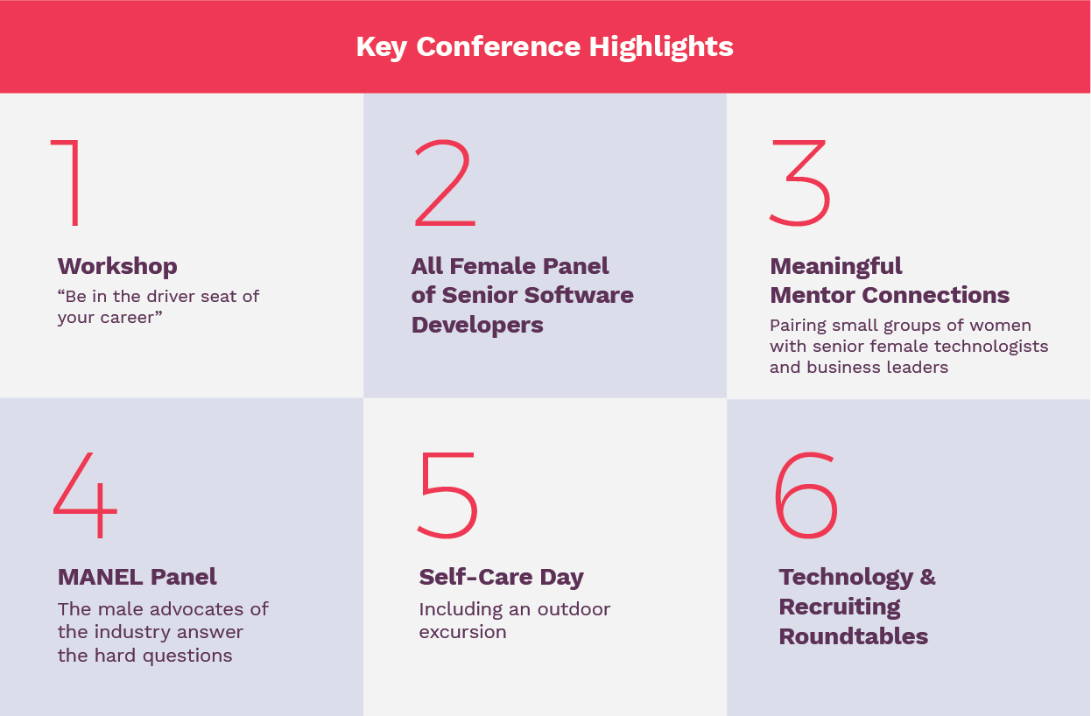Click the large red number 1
coord(74,183)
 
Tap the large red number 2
coord(445,183)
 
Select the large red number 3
coord(799,183)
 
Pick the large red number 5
coord(447,495)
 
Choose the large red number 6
coord(806,495)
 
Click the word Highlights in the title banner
coord(661,47)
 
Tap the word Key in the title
coord(382,47)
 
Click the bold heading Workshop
coord(117,267)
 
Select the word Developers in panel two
coord(477,325)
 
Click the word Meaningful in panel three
coord(836,267)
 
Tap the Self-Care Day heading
coord(501,578)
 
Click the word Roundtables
coord(854,636)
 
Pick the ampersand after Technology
coord(928,578)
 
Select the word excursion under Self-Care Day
coord(462,632)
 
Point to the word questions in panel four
coord(187,656)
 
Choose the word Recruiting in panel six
coord(840,607)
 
